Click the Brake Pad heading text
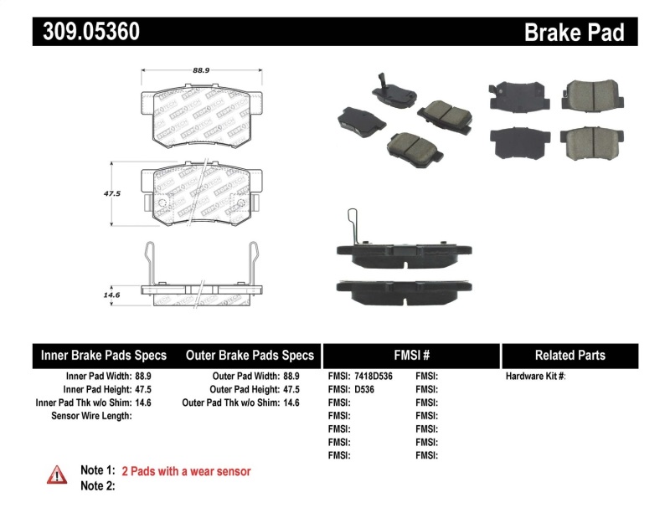(x=574, y=32)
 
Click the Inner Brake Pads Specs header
(x=103, y=356)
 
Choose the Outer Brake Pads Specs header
(x=250, y=356)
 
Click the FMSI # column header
(x=411, y=356)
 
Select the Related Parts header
(x=569, y=356)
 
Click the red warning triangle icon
(x=56, y=474)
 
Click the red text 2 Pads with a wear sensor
(x=186, y=471)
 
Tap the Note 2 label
(x=97, y=486)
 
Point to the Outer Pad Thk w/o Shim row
(x=241, y=403)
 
